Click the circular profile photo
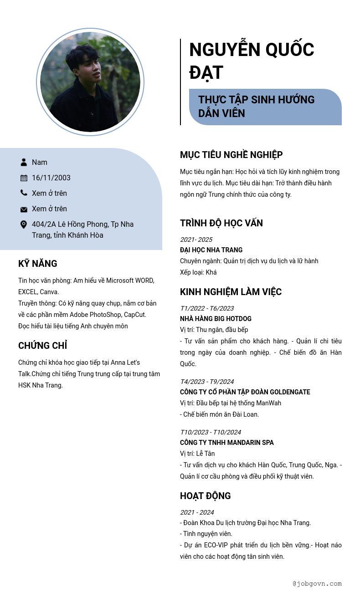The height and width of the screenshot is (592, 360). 90,82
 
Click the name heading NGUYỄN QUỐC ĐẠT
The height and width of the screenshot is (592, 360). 252,61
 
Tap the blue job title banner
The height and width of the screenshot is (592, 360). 265,107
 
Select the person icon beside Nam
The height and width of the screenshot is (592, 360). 24,162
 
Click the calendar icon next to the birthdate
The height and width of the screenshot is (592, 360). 24,178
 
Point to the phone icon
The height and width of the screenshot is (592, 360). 24,193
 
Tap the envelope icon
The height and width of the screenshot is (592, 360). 24,209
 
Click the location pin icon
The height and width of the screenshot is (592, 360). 24,225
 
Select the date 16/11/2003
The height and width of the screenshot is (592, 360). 51,178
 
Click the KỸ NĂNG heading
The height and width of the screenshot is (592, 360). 38,264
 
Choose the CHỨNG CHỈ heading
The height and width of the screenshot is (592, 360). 43,346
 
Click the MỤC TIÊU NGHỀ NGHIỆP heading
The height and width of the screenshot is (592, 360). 231,155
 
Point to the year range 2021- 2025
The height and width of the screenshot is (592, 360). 196,240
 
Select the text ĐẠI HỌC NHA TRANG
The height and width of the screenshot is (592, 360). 211,250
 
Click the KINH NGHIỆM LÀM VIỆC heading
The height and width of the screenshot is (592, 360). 231,292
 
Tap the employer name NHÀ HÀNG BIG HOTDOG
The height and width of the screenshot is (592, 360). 216,319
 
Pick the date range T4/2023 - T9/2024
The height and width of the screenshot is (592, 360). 207,382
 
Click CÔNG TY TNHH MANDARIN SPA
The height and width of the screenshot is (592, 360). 227,443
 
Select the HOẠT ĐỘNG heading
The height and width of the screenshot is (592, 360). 206,496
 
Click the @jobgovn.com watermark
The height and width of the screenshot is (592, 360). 317,583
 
